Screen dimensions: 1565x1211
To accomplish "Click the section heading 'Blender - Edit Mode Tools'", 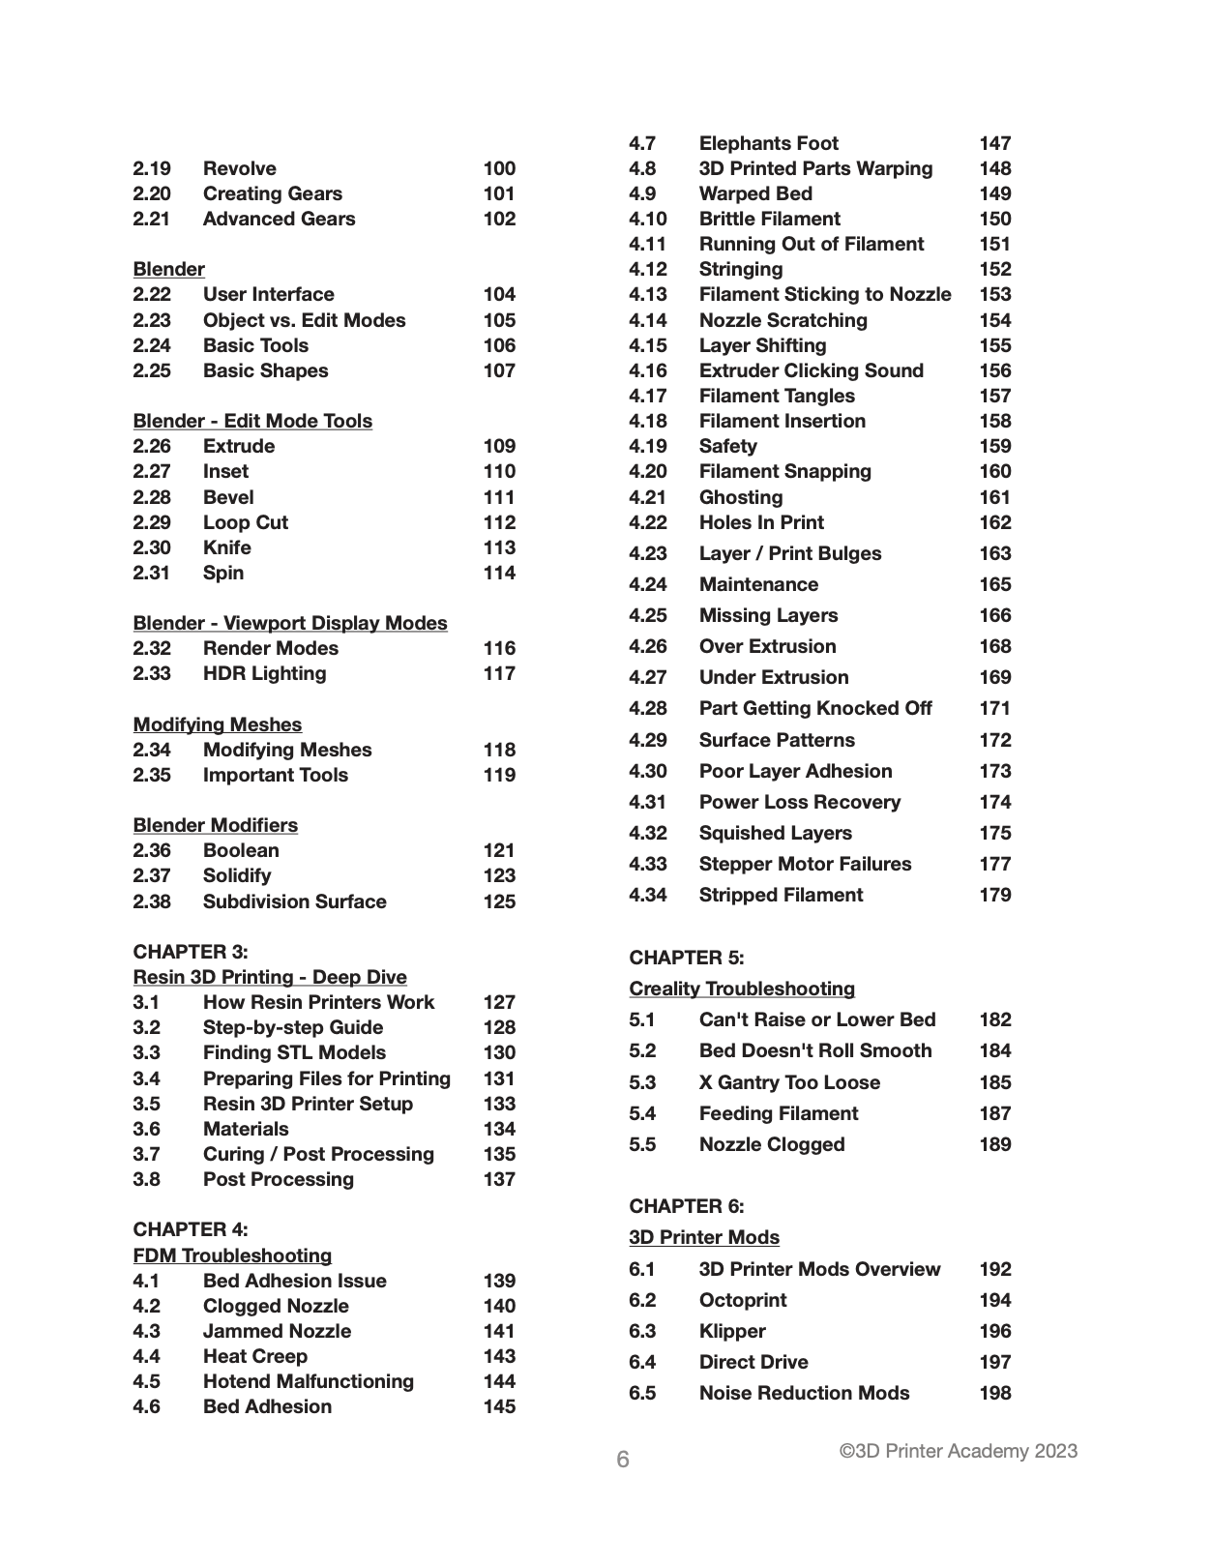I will (x=252, y=421).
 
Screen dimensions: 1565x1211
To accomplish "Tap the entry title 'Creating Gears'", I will (x=272, y=193).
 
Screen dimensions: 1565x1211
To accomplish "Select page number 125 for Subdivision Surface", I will (x=499, y=901).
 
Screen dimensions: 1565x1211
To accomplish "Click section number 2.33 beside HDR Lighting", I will (x=152, y=673).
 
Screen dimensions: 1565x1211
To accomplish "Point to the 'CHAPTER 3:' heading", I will (x=191, y=952).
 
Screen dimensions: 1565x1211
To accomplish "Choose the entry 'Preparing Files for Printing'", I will (x=327, y=1078).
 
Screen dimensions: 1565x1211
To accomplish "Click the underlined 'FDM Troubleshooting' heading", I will (x=232, y=1255).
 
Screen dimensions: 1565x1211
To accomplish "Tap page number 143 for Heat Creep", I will (x=499, y=1356).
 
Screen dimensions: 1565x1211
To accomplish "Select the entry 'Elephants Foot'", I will (x=769, y=143).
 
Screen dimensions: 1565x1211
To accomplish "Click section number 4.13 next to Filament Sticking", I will (x=647, y=294).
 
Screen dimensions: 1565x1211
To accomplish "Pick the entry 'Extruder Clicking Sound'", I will (x=811, y=370).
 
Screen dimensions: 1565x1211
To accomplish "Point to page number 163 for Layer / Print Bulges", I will (x=995, y=553).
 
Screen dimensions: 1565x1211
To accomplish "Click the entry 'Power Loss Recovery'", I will (x=799, y=802).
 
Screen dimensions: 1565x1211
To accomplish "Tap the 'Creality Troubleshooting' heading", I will (x=742, y=989).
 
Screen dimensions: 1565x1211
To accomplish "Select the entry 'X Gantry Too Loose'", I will (x=789, y=1082).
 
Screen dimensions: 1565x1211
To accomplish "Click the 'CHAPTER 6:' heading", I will (x=687, y=1206).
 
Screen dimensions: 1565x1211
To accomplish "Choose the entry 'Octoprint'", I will (x=743, y=1300).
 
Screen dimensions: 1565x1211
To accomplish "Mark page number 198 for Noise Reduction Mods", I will (x=995, y=1393).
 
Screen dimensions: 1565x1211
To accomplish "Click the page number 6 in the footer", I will (x=623, y=1460).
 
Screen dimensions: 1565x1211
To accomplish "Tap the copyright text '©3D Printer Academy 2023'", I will (x=958, y=1451).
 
